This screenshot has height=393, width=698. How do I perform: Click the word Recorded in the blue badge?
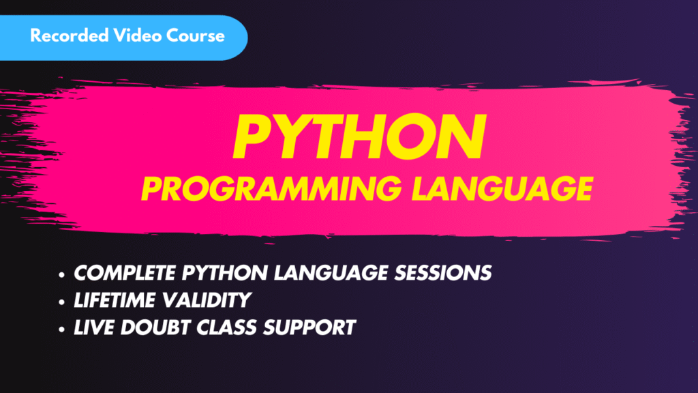[67, 35]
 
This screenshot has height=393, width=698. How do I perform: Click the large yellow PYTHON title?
[358, 139]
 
